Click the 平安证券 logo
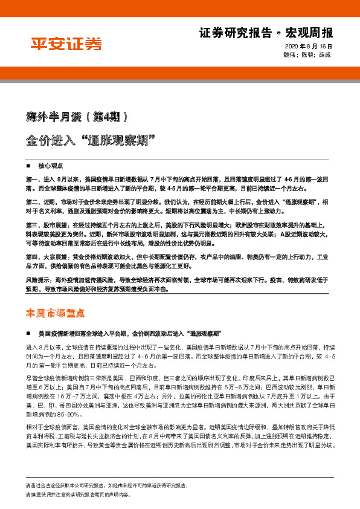click(66, 44)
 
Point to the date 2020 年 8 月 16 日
click(308, 47)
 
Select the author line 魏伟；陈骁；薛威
click(311, 55)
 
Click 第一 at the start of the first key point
click(32, 180)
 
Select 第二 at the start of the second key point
click(32, 201)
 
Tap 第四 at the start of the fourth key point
click(32, 256)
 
